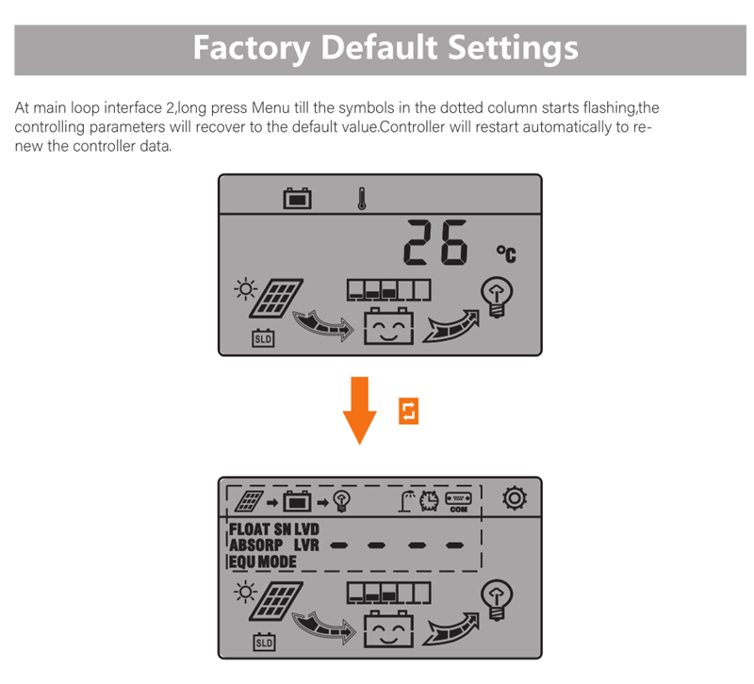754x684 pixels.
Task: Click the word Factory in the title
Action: point(251,48)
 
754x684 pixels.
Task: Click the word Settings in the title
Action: point(513,48)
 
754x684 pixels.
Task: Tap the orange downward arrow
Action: point(359,411)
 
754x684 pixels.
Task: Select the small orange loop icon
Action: point(408,411)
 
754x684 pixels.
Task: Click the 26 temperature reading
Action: point(435,242)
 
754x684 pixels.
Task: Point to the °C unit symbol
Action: point(506,253)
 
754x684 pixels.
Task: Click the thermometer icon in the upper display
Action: point(362,199)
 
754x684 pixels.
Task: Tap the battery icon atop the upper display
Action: point(297,198)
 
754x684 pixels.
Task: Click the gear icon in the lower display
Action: point(515,498)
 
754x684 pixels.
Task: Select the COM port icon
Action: point(458,502)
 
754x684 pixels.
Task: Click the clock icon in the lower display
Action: point(429,501)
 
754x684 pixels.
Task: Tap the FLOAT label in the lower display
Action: point(249,529)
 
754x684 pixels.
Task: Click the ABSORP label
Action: point(255,546)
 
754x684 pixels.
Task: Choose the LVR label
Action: point(306,546)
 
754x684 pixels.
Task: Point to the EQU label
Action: point(242,562)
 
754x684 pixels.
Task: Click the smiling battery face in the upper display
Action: point(388,326)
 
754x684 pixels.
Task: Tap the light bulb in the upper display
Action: point(497,297)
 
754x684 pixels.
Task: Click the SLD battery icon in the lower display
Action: point(265,643)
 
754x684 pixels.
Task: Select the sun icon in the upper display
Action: point(245,289)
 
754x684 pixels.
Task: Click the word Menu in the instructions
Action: point(270,107)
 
